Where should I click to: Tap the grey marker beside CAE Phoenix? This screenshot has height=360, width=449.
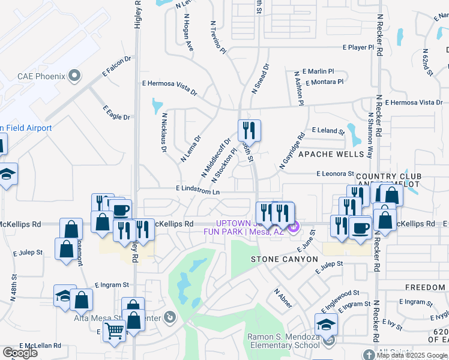pyautogui.click(x=74, y=76)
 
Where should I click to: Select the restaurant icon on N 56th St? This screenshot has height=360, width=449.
pyautogui.click(x=249, y=130)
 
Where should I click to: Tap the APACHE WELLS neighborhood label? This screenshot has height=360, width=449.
pyautogui.click(x=331, y=154)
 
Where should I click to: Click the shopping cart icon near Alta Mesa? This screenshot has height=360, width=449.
pyautogui.click(x=113, y=329)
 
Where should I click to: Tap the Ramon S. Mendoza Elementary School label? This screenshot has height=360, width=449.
pyautogui.click(x=284, y=341)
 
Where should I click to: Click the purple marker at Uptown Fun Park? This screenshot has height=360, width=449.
pyautogui.click(x=294, y=227)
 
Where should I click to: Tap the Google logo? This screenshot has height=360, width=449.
pyautogui.click(x=20, y=353)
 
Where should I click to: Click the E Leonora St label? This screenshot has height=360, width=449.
pyautogui.click(x=335, y=173)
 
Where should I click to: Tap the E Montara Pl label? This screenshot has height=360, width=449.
pyautogui.click(x=324, y=82)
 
